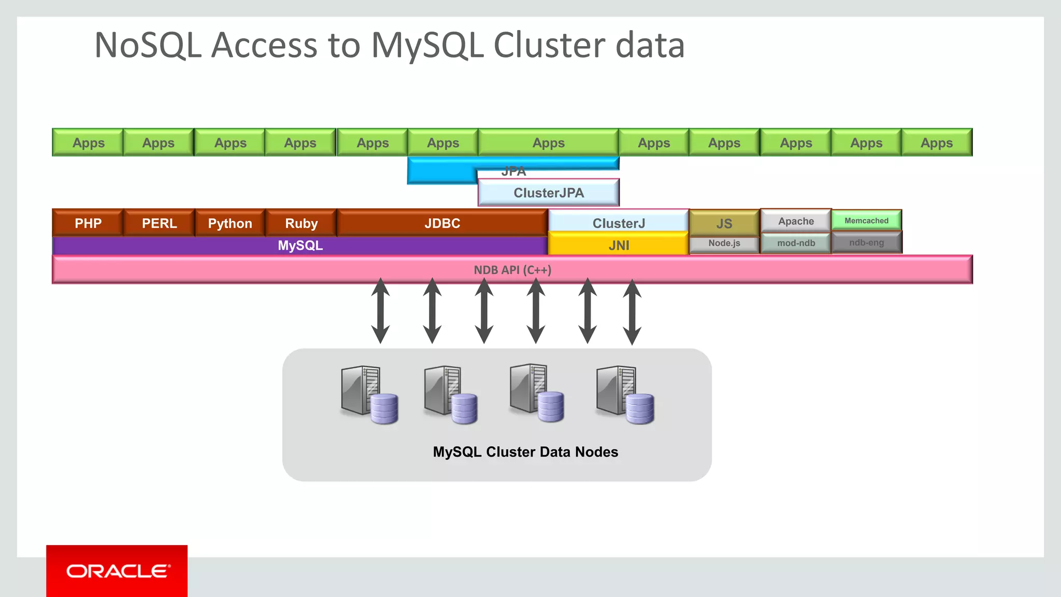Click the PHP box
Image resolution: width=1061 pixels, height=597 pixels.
click(x=88, y=223)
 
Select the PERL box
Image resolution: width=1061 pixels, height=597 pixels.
click(x=159, y=223)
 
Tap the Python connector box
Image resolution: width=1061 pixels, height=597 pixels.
click(x=230, y=223)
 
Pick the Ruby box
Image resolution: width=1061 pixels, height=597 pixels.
click(x=301, y=223)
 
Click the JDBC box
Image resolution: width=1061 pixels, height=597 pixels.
click(x=442, y=223)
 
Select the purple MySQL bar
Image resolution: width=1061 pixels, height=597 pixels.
click(x=300, y=246)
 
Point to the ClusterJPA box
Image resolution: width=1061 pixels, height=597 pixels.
click(x=548, y=193)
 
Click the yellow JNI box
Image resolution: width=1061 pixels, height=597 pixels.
click(x=619, y=245)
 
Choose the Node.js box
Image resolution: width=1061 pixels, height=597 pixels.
click(x=724, y=243)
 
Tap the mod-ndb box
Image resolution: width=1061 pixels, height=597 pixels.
click(x=796, y=243)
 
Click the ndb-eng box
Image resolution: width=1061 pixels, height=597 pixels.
click(x=866, y=243)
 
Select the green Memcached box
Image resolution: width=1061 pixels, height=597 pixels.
click(x=866, y=221)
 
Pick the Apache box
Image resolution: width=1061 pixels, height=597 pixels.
click(x=796, y=221)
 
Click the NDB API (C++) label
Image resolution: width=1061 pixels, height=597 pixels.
click(x=512, y=270)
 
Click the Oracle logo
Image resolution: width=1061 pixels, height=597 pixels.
click(x=117, y=571)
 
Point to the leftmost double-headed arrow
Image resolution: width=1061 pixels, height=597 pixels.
click(x=380, y=311)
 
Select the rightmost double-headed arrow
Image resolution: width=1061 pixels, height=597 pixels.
click(x=632, y=312)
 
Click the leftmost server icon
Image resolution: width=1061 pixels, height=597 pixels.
click(x=368, y=394)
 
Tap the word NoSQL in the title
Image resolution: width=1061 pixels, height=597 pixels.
click(x=148, y=45)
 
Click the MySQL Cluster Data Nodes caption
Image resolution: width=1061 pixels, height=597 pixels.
click(x=525, y=452)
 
